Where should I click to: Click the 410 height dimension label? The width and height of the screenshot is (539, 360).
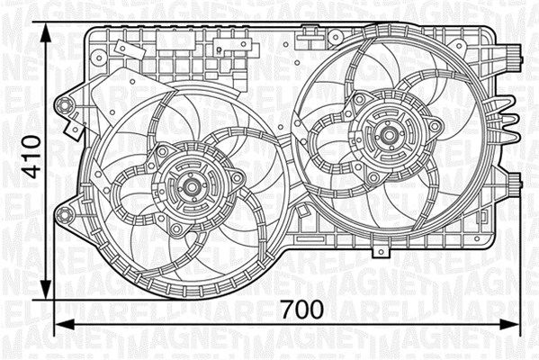click(31, 158)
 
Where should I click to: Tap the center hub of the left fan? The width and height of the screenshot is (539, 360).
click(191, 188)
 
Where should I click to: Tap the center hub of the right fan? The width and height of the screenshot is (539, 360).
click(391, 138)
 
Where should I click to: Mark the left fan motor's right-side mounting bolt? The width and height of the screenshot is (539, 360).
click(237, 178)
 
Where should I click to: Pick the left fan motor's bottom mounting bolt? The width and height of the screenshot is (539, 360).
click(178, 230)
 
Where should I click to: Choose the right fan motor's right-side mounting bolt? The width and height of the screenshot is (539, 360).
click(435, 126)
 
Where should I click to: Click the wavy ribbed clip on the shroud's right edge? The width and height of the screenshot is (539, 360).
click(508, 118)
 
